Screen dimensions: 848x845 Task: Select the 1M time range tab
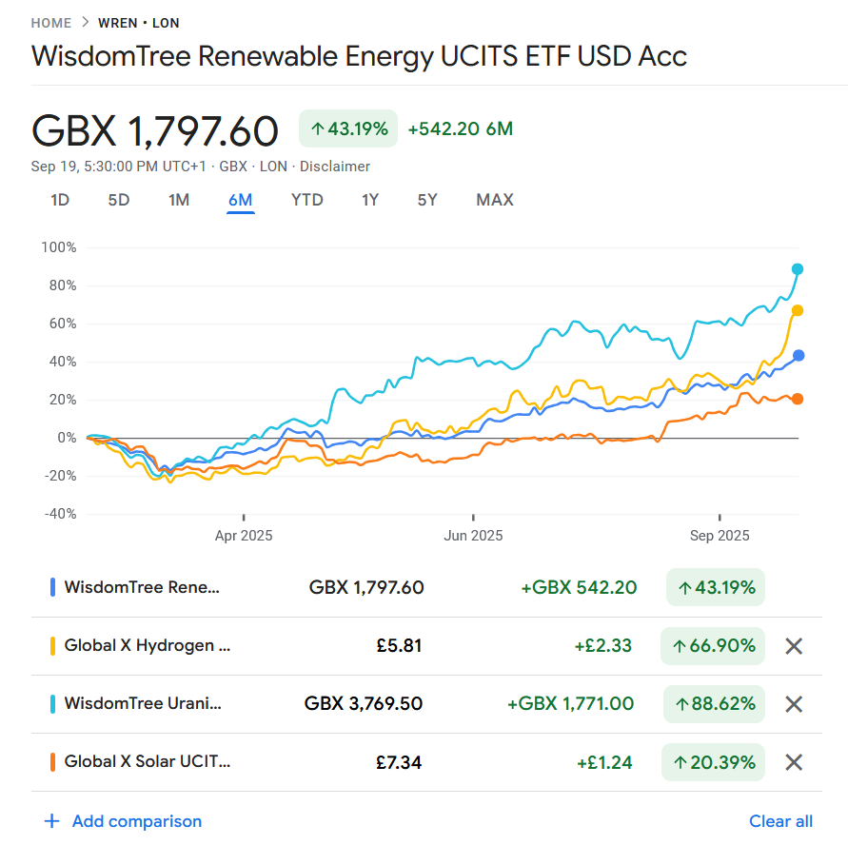[179, 200]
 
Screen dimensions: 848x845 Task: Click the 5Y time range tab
[426, 200]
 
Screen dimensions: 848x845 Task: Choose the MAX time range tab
[494, 200]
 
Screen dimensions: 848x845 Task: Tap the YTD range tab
[306, 200]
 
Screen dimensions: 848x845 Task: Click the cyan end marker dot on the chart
[798, 268]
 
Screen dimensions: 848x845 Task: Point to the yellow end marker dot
[798, 310]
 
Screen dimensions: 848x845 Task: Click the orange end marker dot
[798, 399]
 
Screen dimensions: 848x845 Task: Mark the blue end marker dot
[799, 355]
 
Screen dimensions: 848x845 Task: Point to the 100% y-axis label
[59, 247]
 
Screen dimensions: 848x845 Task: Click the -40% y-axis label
[61, 514]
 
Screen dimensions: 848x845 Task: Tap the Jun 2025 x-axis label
[473, 535]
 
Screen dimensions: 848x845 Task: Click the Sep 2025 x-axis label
[720, 535]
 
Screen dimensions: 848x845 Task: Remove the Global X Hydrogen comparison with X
[794, 645]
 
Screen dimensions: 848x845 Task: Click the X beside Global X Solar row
[794, 762]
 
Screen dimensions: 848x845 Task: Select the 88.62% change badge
[714, 704]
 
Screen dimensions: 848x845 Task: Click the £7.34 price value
[399, 762]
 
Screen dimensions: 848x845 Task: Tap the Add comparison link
[123, 821]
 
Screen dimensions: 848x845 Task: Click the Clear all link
[780, 821]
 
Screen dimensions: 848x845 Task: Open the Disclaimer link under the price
[335, 167]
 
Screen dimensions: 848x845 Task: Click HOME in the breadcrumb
[51, 23]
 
